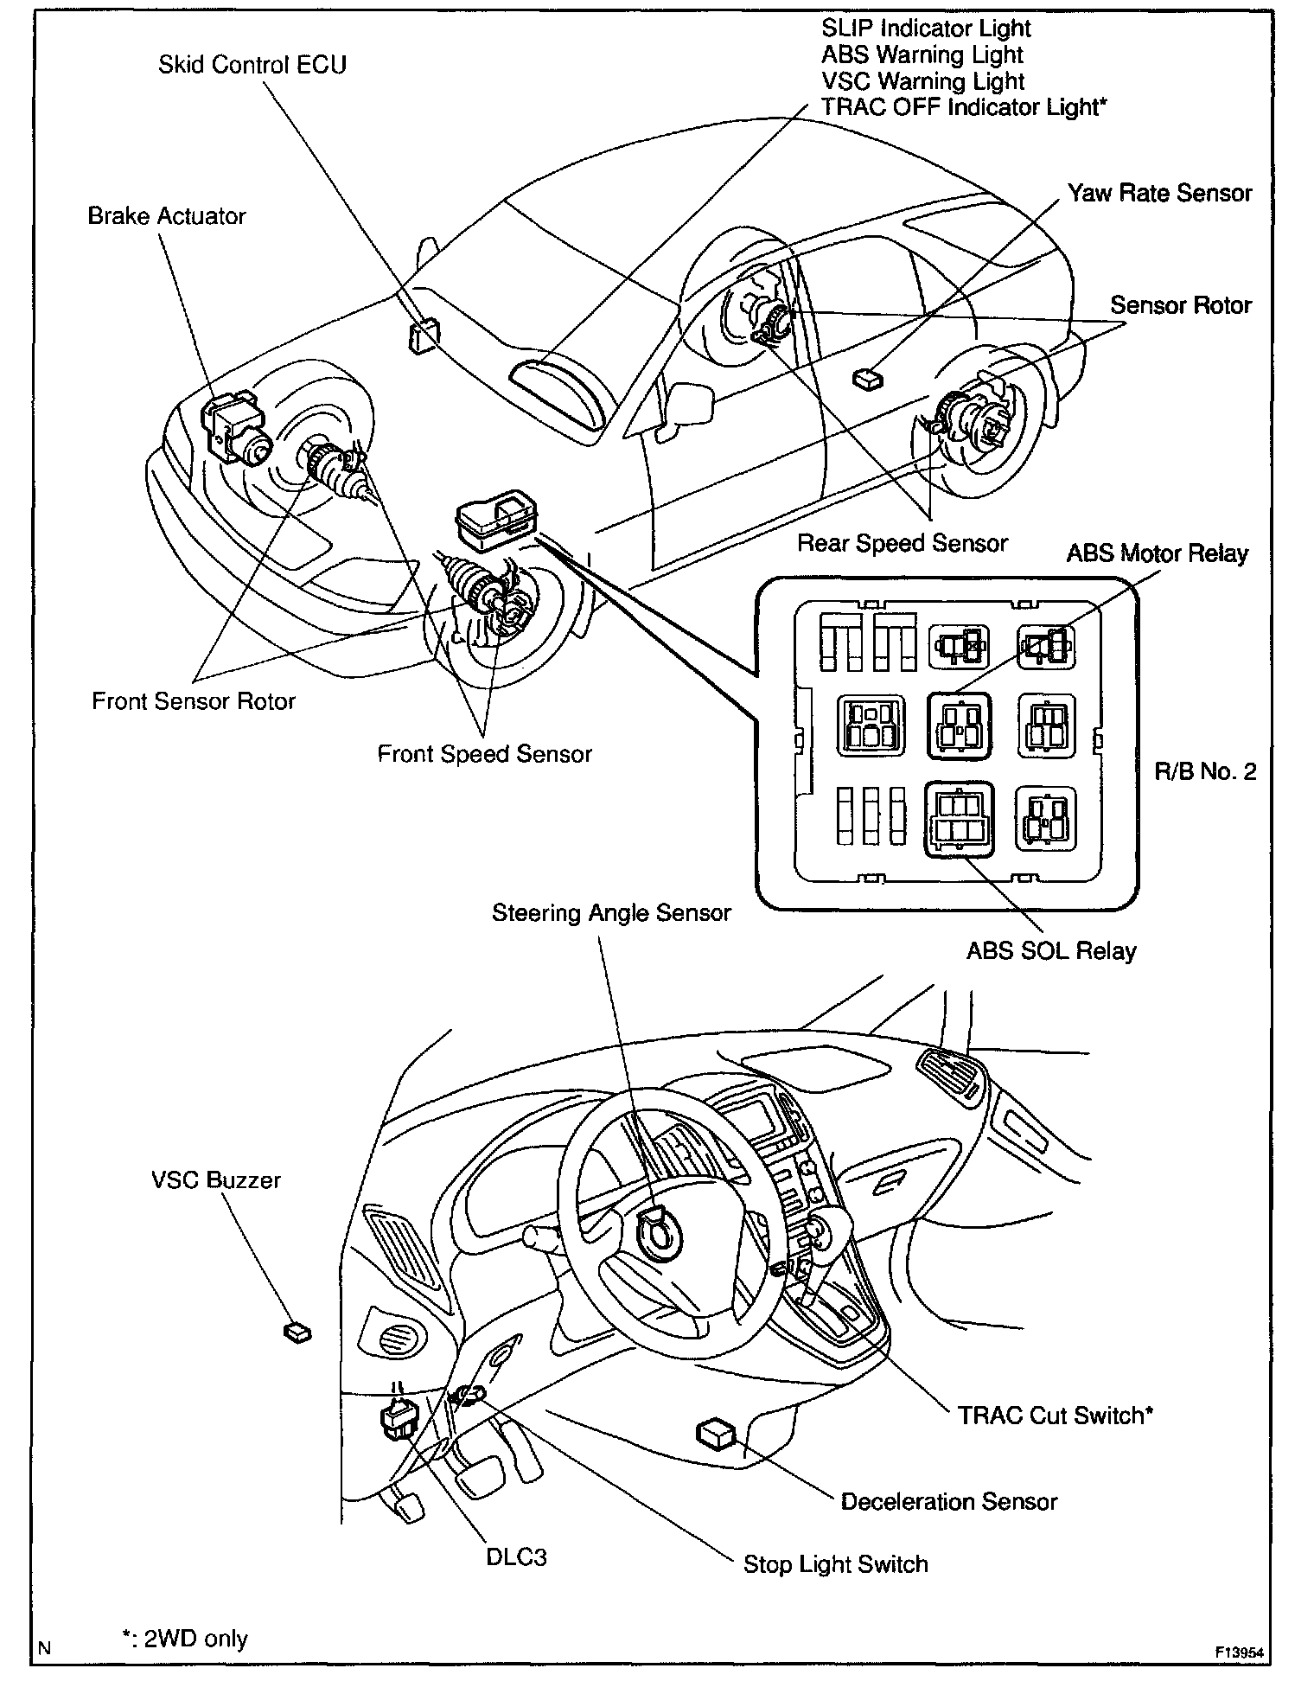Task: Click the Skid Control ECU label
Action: (x=252, y=65)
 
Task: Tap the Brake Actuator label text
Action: (x=167, y=216)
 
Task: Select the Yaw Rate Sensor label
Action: (x=1159, y=193)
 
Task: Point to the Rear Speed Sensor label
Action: (x=902, y=543)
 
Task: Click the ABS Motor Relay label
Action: (x=1157, y=553)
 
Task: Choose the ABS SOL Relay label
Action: (x=1050, y=951)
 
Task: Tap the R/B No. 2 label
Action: (x=1205, y=771)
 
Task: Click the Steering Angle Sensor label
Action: (x=611, y=913)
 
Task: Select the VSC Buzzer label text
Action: (x=216, y=1180)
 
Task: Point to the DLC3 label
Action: (x=515, y=1557)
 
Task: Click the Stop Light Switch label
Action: (x=835, y=1564)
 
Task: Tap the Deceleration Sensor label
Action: (x=948, y=1501)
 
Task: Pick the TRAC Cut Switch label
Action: (x=1055, y=1416)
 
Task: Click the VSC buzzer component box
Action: (x=297, y=1332)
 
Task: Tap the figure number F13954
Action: (x=1239, y=1652)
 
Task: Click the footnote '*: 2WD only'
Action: (x=184, y=1639)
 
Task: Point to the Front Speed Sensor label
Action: (x=484, y=754)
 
